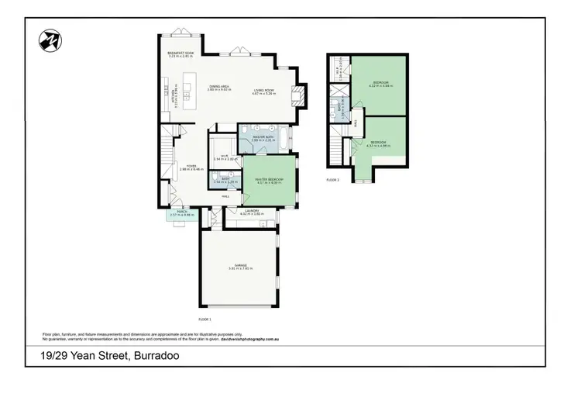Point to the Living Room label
tap(264, 92)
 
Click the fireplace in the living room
tap(301, 95)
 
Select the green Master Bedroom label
tap(269, 180)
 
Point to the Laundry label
tap(250, 212)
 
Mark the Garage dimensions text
tap(241, 268)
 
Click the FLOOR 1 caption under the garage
tap(205, 319)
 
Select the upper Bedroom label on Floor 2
tap(379, 82)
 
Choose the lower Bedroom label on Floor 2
tap(379, 143)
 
